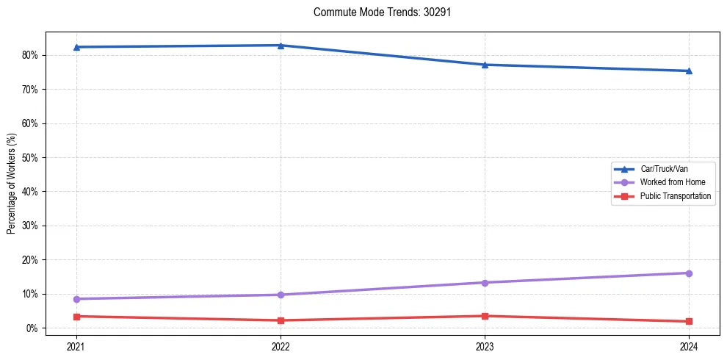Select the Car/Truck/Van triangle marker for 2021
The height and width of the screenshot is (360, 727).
click(76, 47)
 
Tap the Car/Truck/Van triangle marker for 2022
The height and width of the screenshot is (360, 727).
click(281, 46)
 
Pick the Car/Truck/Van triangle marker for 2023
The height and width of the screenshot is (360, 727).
click(485, 65)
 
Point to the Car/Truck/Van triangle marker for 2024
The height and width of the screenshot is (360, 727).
click(689, 71)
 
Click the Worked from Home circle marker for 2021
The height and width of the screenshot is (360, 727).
click(76, 299)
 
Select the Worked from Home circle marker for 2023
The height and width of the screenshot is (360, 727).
click(485, 283)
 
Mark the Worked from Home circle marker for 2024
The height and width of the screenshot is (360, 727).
click(689, 273)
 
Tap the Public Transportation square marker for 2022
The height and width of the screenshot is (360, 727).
click(281, 320)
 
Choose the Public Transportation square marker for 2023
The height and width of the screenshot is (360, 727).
click(485, 316)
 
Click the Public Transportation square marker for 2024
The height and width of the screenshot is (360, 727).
click(689, 321)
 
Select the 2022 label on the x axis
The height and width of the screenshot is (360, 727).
click(281, 346)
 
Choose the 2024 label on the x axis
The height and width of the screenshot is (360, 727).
click(689, 346)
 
